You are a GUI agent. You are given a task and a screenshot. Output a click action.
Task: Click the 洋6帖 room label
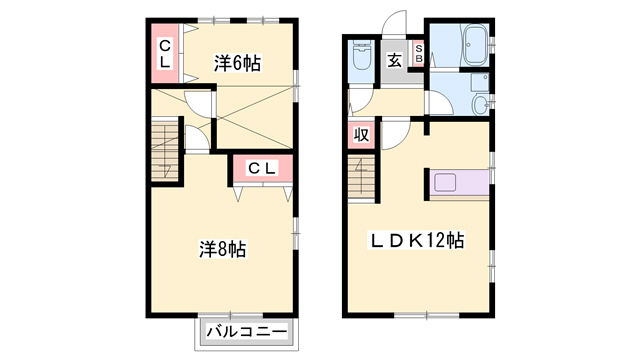237,63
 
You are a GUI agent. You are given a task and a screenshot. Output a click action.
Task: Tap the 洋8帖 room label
222,249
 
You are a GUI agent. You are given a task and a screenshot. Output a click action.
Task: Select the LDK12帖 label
417,240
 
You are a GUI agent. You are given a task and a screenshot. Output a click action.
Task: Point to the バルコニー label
247,331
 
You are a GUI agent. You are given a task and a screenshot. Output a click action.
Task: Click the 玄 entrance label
394,60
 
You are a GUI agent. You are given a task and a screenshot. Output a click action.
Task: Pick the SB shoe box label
419,53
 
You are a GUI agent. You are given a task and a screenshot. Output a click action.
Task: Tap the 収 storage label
361,134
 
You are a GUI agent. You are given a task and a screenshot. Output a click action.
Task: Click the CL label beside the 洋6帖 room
164,53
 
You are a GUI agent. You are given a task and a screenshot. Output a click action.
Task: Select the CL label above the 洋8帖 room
263,168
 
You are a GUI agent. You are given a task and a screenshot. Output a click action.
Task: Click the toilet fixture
362,55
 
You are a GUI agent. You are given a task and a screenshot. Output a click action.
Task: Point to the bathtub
474,45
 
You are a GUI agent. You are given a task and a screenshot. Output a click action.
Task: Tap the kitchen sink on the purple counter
445,182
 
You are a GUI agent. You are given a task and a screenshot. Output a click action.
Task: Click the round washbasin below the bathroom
481,105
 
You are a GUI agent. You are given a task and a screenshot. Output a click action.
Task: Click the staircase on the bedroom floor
165,150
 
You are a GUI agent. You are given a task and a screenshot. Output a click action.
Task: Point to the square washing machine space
480,83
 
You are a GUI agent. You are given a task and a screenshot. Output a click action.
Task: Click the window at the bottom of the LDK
427,315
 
